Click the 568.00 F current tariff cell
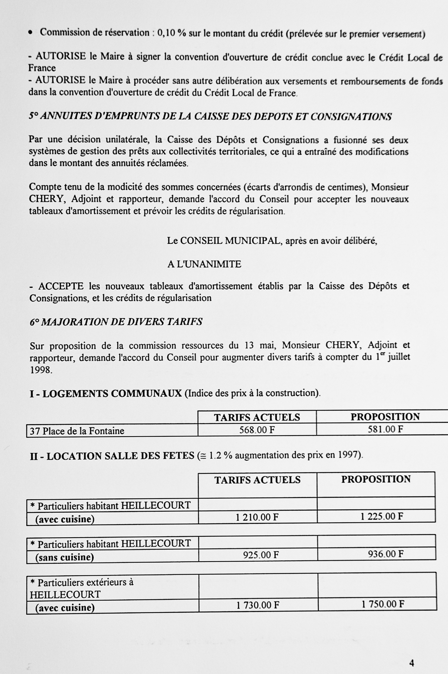point(257,430)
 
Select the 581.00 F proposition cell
point(385,429)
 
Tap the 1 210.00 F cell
point(257,517)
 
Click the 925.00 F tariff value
point(261,555)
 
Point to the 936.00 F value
point(386,554)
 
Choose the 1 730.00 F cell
point(258,605)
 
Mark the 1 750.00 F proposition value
point(383,604)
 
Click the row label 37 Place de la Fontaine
point(77,431)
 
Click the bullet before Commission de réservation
point(30,33)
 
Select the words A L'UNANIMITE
point(204,264)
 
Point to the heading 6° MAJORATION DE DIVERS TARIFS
point(116,322)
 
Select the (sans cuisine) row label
point(64,557)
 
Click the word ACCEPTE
point(61,286)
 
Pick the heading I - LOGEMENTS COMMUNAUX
point(106,393)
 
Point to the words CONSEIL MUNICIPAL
point(230,241)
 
